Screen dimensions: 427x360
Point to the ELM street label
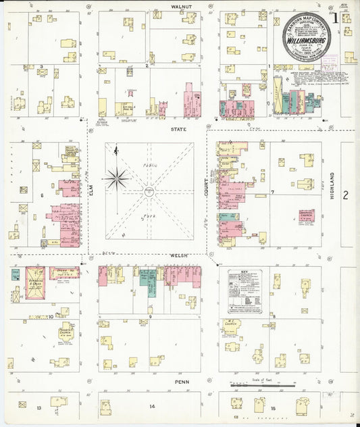click(91, 193)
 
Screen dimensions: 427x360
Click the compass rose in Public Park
click(118, 178)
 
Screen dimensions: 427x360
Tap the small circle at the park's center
click(149, 193)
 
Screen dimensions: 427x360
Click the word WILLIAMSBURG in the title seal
click(311, 40)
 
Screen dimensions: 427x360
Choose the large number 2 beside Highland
click(345, 195)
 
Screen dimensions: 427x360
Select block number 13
click(39, 407)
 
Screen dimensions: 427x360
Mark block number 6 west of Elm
click(41, 195)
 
